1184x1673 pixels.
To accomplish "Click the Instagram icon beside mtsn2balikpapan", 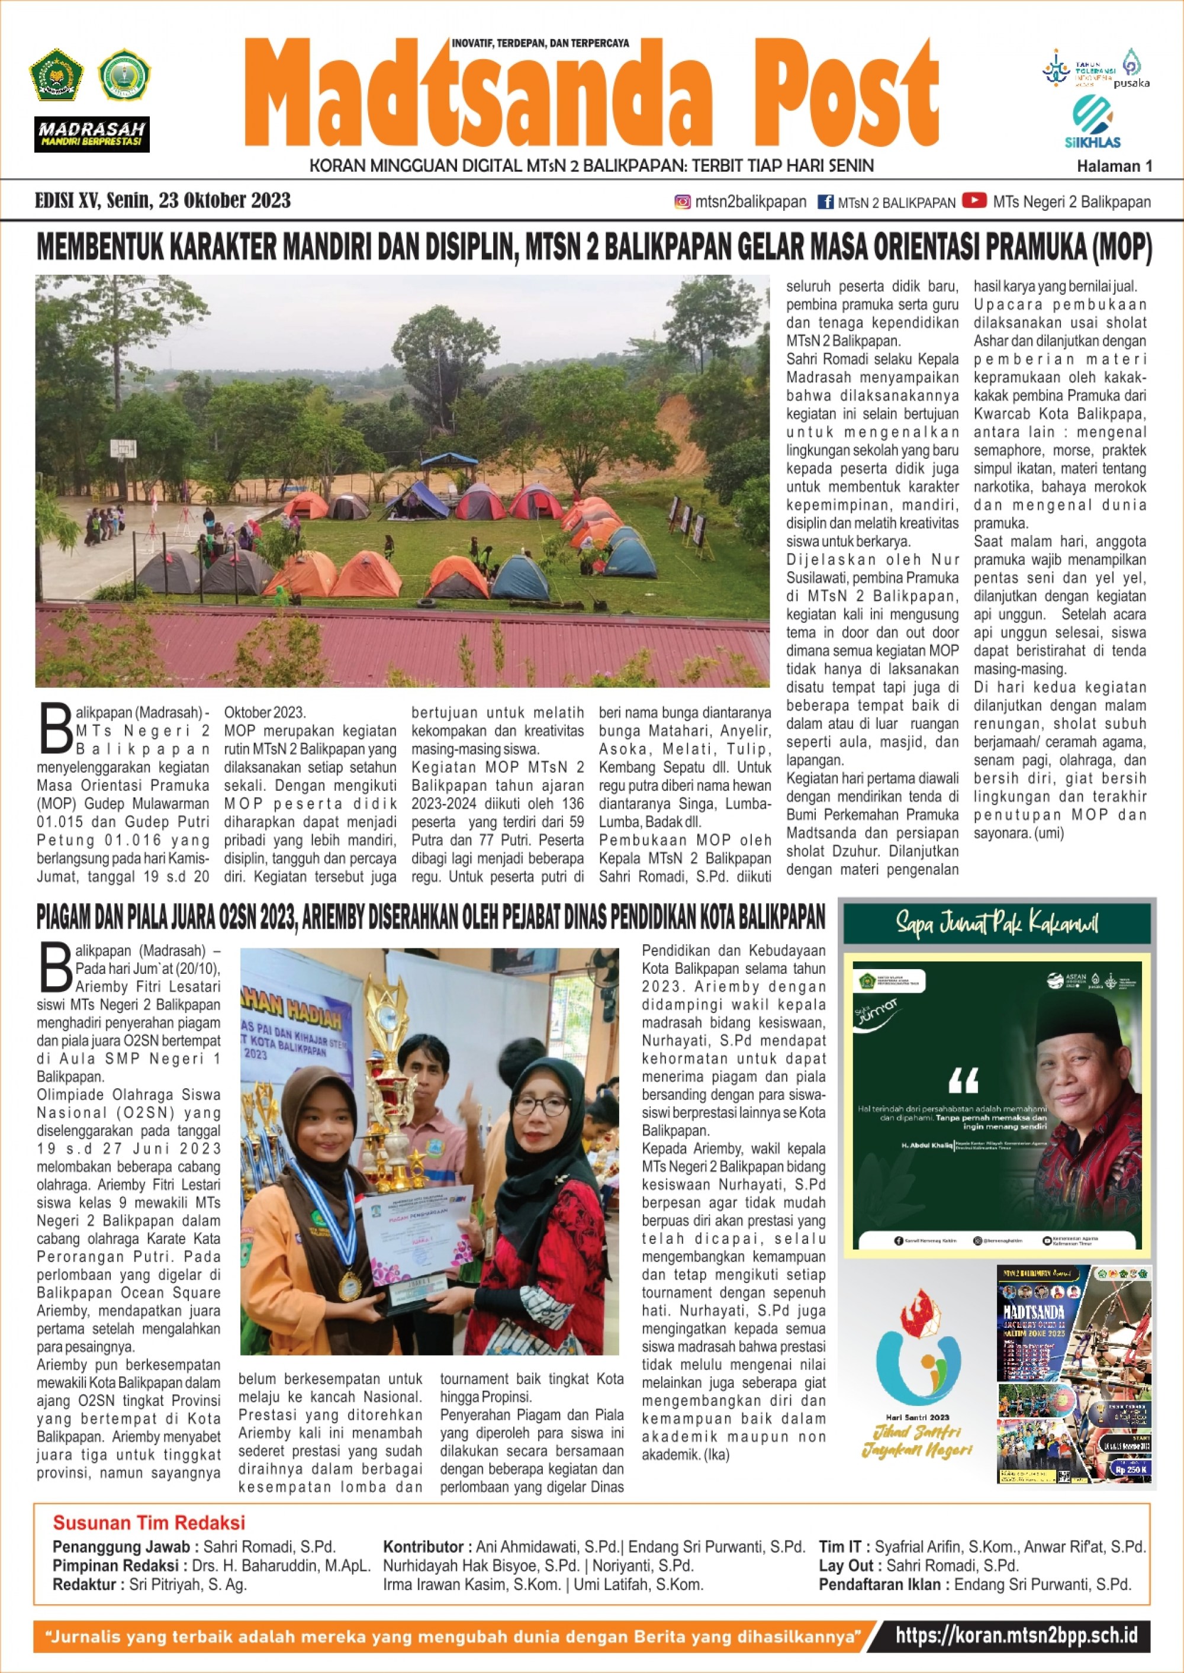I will [683, 202].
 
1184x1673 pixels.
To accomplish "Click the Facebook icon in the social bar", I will [825, 202].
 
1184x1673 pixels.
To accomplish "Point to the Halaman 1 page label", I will [1114, 166].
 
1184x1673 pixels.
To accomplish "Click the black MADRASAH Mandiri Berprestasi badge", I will [92, 134].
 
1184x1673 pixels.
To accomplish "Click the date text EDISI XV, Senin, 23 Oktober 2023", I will [163, 201].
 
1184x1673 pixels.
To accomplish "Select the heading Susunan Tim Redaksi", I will [149, 1522].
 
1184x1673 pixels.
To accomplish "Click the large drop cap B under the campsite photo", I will [56, 728].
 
